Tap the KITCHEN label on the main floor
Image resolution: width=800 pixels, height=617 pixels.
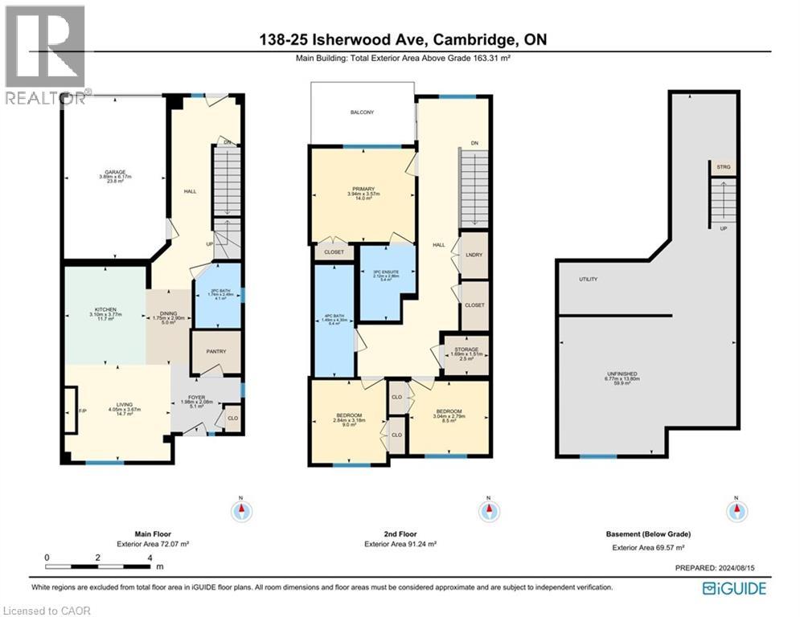[106, 308]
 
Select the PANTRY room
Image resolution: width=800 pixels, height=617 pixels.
[216, 352]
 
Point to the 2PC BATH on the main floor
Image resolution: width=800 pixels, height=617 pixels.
[218, 294]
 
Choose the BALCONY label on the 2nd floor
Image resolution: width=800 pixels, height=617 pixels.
[362, 113]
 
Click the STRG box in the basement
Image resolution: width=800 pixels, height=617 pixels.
[724, 167]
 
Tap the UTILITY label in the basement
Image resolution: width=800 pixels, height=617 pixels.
[589, 279]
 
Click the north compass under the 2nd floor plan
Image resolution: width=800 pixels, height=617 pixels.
[486, 511]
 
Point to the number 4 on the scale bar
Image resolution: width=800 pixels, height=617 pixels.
[149, 557]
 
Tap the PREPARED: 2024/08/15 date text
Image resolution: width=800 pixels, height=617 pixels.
[720, 568]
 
